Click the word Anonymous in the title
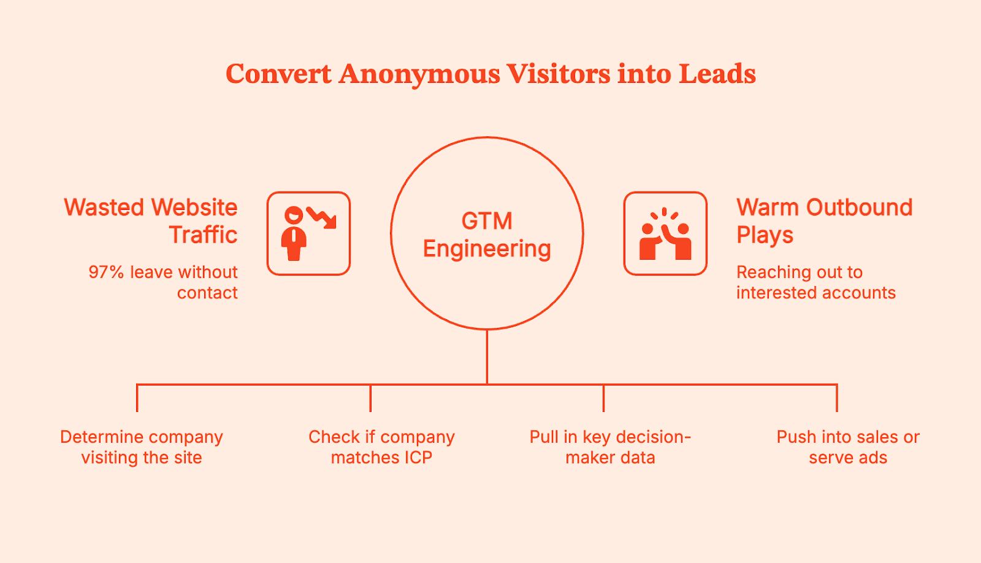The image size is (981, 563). [x=419, y=74]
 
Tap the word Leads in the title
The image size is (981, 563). [x=717, y=74]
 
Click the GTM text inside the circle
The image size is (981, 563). [x=487, y=221]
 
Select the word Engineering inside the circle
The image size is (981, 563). [x=487, y=249]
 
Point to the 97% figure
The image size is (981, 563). [x=106, y=272]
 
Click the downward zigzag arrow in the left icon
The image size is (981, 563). [x=322, y=217]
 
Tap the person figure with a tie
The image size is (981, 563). [x=294, y=234]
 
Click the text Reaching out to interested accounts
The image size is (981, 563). [x=815, y=282]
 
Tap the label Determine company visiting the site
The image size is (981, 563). [x=142, y=447]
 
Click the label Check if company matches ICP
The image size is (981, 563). [x=381, y=447]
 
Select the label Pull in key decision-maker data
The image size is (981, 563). [x=610, y=447]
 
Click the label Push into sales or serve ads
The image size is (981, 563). [x=848, y=447]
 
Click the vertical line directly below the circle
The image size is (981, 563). [x=487, y=356]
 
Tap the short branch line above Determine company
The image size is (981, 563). [x=137, y=398]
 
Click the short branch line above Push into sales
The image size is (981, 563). [x=836, y=398]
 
